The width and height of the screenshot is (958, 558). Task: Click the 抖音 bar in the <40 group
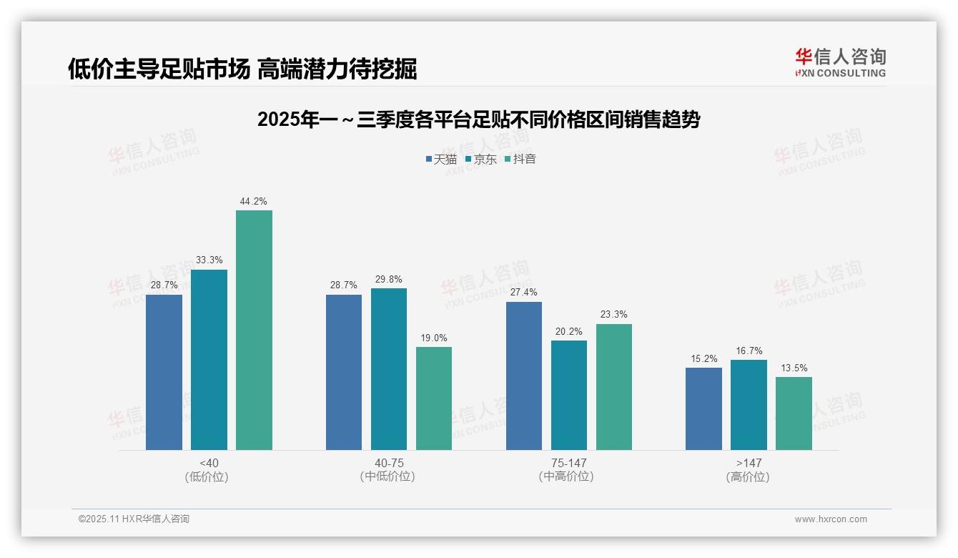tap(254, 330)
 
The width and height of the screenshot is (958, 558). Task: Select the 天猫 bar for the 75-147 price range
tap(524, 376)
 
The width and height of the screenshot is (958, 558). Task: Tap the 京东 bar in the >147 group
tap(749, 405)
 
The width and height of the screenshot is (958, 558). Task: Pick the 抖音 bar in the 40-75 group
tap(434, 398)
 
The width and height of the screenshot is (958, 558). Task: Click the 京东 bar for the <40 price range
tap(209, 360)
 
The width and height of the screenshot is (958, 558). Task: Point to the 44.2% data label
tap(254, 202)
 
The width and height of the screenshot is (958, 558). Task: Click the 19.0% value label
tap(434, 338)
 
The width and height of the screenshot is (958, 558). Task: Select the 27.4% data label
tap(524, 293)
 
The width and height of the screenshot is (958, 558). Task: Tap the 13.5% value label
tap(794, 368)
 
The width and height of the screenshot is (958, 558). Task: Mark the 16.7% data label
tap(749, 351)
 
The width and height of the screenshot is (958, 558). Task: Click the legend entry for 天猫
tap(440, 159)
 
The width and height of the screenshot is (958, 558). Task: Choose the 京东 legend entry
tap(480, 159)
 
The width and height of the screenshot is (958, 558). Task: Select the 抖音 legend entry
tap(520, 159)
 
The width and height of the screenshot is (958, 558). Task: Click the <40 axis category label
tap(209, 463)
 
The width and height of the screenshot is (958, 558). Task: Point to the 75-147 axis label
tap(568, 463)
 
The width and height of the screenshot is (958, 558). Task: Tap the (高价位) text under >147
tap(748, 476)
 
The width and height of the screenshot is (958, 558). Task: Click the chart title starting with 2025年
tap(478, 119)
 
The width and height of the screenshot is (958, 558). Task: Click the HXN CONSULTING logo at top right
tap(840, 63)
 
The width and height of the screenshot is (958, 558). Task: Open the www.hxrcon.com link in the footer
tap(830, 519)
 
